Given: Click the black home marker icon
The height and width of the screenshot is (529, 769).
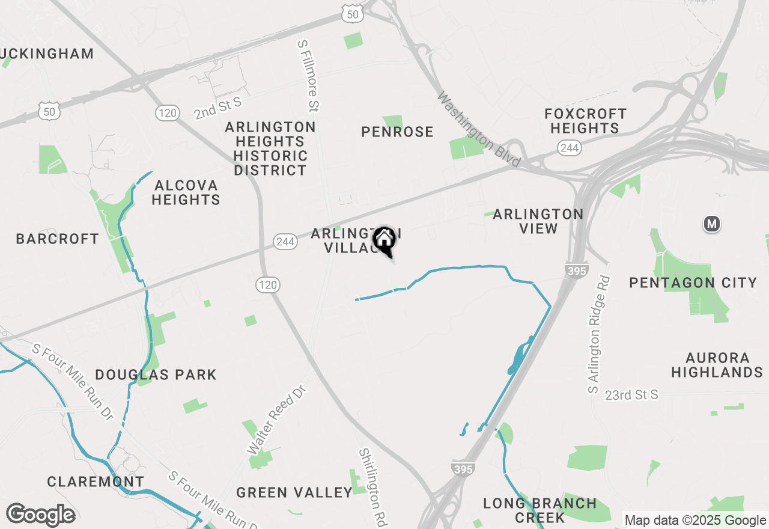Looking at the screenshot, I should pos(384,240).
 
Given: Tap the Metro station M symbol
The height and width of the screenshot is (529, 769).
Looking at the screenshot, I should pos(712,224).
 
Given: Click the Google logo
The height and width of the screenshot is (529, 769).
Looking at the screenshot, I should pos(40,515).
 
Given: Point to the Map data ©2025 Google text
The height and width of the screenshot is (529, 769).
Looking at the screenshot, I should pos(695,521).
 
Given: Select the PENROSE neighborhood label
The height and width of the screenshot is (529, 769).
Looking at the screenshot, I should pos(397,132).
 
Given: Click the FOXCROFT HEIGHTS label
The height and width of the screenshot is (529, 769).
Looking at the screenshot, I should pos(585,121).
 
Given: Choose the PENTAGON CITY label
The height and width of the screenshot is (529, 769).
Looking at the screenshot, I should pos(693,283).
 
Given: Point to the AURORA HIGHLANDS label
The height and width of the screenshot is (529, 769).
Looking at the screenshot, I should pos(717,365).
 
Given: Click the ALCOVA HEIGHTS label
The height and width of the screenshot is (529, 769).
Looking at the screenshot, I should pos(186,192).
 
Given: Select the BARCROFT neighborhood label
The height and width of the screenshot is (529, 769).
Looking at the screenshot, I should pos(58,239).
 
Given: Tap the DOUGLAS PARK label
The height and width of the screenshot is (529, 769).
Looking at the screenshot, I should pos(156,375).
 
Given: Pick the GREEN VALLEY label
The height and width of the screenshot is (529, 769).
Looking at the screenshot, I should pos(294,493).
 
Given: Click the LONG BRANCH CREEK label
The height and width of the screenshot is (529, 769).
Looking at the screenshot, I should pos(540,510).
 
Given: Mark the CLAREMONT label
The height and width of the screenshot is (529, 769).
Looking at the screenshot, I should pos(96,482).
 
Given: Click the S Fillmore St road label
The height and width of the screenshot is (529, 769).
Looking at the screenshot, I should pos(309,76).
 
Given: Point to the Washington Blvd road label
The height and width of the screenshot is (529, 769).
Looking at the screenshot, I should pos(479,129).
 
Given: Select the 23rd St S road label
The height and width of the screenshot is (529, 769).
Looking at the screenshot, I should pos(631,395).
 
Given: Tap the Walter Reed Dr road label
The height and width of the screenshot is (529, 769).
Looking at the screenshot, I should pos(277,420).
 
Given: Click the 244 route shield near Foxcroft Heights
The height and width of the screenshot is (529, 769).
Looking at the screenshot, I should pos(568,148).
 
